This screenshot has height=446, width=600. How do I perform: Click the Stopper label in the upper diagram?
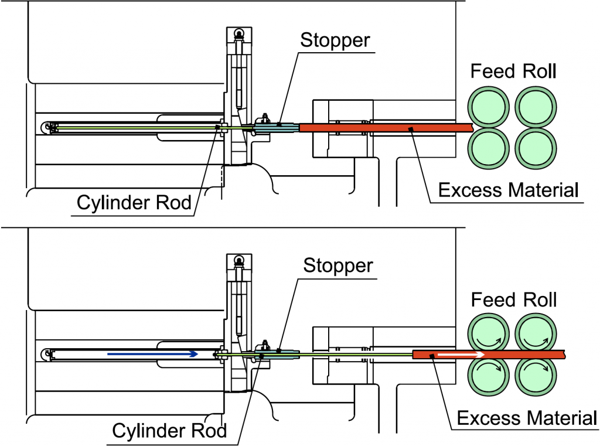pyautogui.click(x=335, y=40)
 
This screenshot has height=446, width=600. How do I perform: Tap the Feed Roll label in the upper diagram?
pyautogui.click(x=513, y=72)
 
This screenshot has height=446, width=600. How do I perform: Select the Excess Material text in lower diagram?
pyautogui.click(x=527, y=418)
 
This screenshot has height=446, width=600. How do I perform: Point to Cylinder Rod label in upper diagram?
pyautogui.click(x=134, y=203)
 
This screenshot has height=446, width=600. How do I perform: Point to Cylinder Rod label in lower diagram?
pyautogui.click(x=169, y=431)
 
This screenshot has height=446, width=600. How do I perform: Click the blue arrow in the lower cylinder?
pyautogui.click(x=152, y=354)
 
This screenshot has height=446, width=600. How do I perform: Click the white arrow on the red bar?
pyautogui.click(x=461, y=354)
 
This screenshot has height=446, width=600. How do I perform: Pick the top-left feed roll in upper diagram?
pyautogui.click(x=488, y=106)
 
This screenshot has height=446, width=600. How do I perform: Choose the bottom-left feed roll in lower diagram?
pyautogui.click(x=488, y=374)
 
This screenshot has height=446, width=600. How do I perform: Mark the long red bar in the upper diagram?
pyautogui.click(x=387, y=127)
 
